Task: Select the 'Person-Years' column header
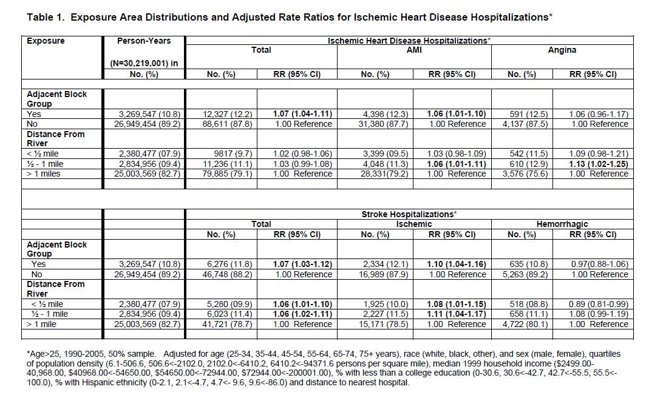[x=144, y=41]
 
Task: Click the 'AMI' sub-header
[x=414, y=50]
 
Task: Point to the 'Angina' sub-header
[x=562, y=50]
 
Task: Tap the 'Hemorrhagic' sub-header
[x=562, y=225]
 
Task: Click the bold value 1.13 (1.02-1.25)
[x=598, y=164]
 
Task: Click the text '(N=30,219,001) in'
[x=143, y=63]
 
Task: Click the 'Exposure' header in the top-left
[x=46, y=41]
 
